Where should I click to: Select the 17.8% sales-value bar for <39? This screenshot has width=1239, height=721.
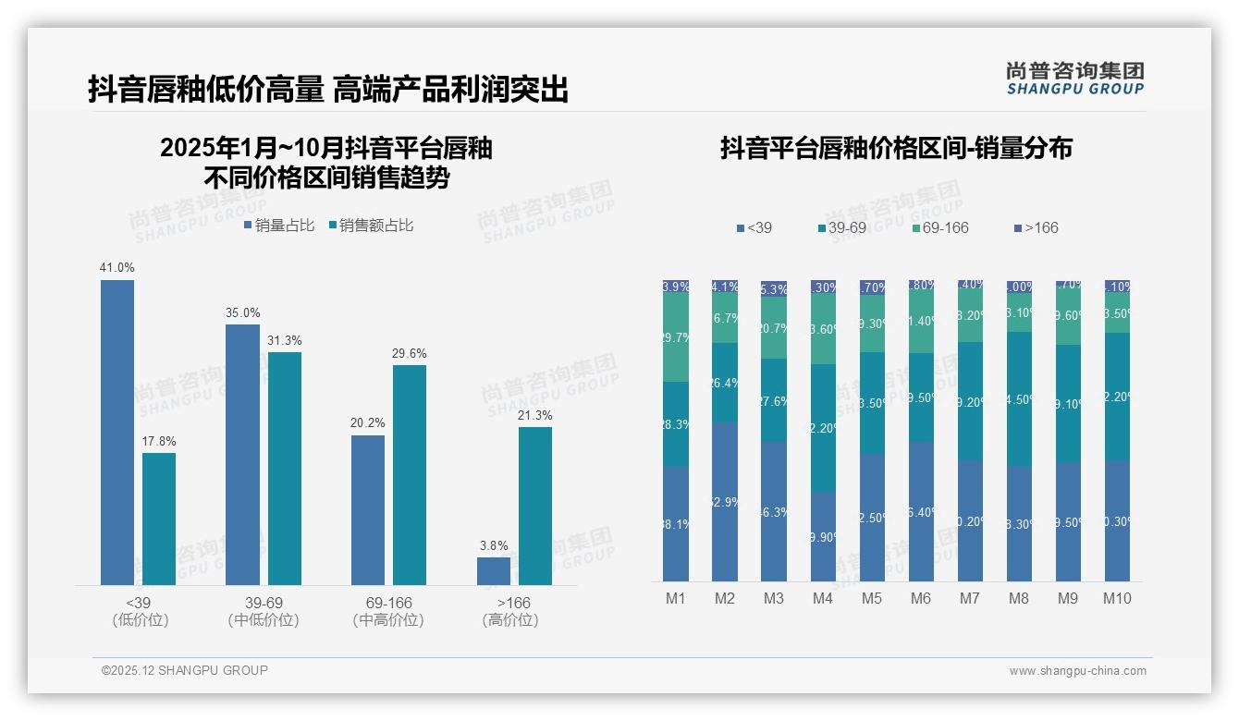click(x=159, y=519)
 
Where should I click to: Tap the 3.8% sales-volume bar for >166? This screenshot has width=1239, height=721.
click(x=494, y=571)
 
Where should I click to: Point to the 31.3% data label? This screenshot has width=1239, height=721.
click(x=285, y=341)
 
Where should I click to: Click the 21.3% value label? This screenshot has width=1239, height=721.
click(x=535, y=415)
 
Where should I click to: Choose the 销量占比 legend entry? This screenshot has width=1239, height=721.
click(x=279, y=226)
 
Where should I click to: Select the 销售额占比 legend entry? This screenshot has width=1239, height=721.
click(x=371, y=226)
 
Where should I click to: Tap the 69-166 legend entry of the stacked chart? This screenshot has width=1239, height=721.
click(x=940, y=228)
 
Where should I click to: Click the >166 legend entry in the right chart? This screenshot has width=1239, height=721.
click(x=1036, y=228)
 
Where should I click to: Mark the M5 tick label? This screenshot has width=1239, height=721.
click(x=872, y=598)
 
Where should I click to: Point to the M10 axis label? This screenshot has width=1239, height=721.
click(x=1117, y=598)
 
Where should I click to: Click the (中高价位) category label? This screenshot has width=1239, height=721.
click(x=388, y=620)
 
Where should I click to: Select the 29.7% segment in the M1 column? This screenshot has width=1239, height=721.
click(x=676, y=337)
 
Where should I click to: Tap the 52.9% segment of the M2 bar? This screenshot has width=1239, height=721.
click(x=725, y=502)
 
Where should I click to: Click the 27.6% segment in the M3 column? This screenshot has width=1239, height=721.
click(x=774, y=400)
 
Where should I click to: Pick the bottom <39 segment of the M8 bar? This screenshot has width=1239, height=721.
click(x=1019, y=523)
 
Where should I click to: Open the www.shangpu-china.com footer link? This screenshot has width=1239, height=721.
click(x=1077, y=671)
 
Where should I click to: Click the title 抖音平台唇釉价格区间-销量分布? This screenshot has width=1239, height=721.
click(x=896, y=149)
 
